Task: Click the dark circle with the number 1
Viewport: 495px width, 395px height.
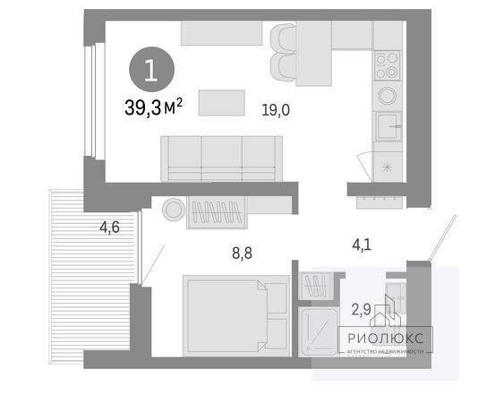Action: (x=151, y=70)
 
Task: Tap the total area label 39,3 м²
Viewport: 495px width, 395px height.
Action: (x=153, y=107)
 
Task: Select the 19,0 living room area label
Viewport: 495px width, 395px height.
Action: (x=276, y=110)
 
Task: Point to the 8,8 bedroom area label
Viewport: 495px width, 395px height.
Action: (x=243, y=253)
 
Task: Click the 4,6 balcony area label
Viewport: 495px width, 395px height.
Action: (x=109, y=228)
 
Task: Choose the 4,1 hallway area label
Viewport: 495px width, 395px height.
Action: (x=362, y=245)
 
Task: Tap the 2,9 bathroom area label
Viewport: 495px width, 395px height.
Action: (x=361, y=310)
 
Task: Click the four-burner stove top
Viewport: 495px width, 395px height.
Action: (x=388, y=65)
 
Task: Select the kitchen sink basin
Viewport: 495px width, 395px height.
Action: (x=388, y=126)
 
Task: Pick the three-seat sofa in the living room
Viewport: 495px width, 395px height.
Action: (x=222, y=159)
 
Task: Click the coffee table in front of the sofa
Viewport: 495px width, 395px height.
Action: (x=222, y=103)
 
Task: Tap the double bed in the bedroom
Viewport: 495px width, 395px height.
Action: (x=236, y=315)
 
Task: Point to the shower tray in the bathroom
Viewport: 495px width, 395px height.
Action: (x=319, y=331)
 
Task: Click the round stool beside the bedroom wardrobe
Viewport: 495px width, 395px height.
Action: (x=174, y=210)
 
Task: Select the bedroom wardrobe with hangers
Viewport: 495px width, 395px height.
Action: (x=217, y=212)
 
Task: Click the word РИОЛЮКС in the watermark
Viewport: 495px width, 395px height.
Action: (x=385, y=339)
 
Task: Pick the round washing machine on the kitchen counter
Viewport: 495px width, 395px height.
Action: (x=388, y=96)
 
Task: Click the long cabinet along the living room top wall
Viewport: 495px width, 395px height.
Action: (x=222, y=33)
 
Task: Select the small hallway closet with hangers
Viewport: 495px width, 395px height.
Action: (x=316, y=286)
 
